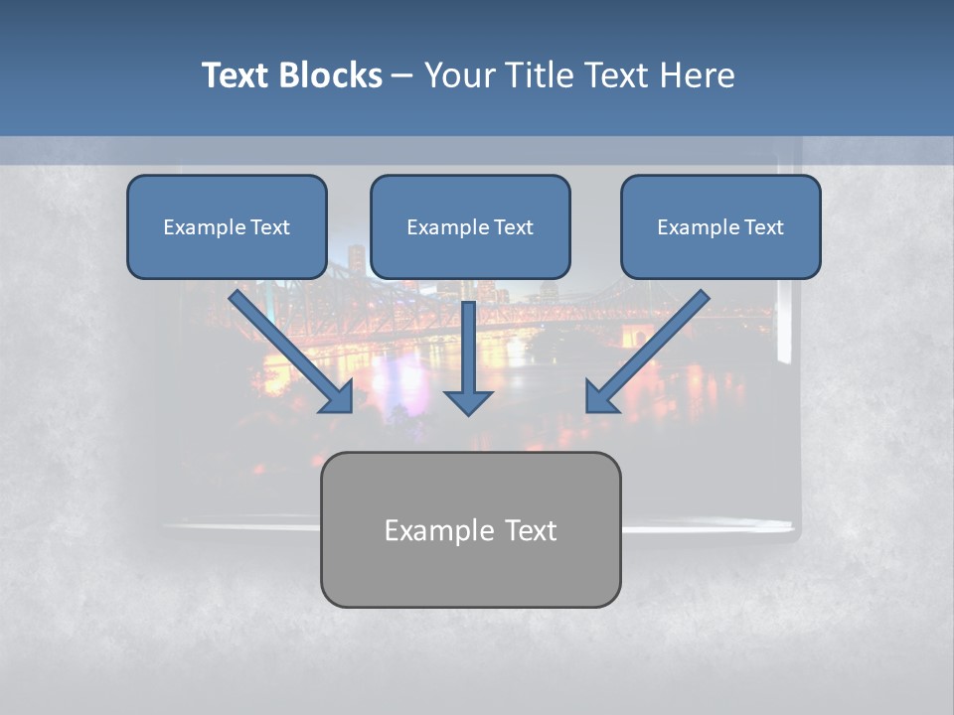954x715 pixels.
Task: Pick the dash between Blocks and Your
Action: (x=402, y=76)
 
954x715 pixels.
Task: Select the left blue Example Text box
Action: (x=227, y=226)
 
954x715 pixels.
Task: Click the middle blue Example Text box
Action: (x=470, y=226)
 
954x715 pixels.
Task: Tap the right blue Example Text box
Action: (x=720, y=226)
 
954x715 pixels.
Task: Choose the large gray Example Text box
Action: (x=470, y=529)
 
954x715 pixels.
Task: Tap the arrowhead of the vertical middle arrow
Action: (x=468, y=400)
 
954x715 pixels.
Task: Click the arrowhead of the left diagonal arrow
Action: (x=337, y=396)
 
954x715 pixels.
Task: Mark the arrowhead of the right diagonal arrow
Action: (x=602, y=396)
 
